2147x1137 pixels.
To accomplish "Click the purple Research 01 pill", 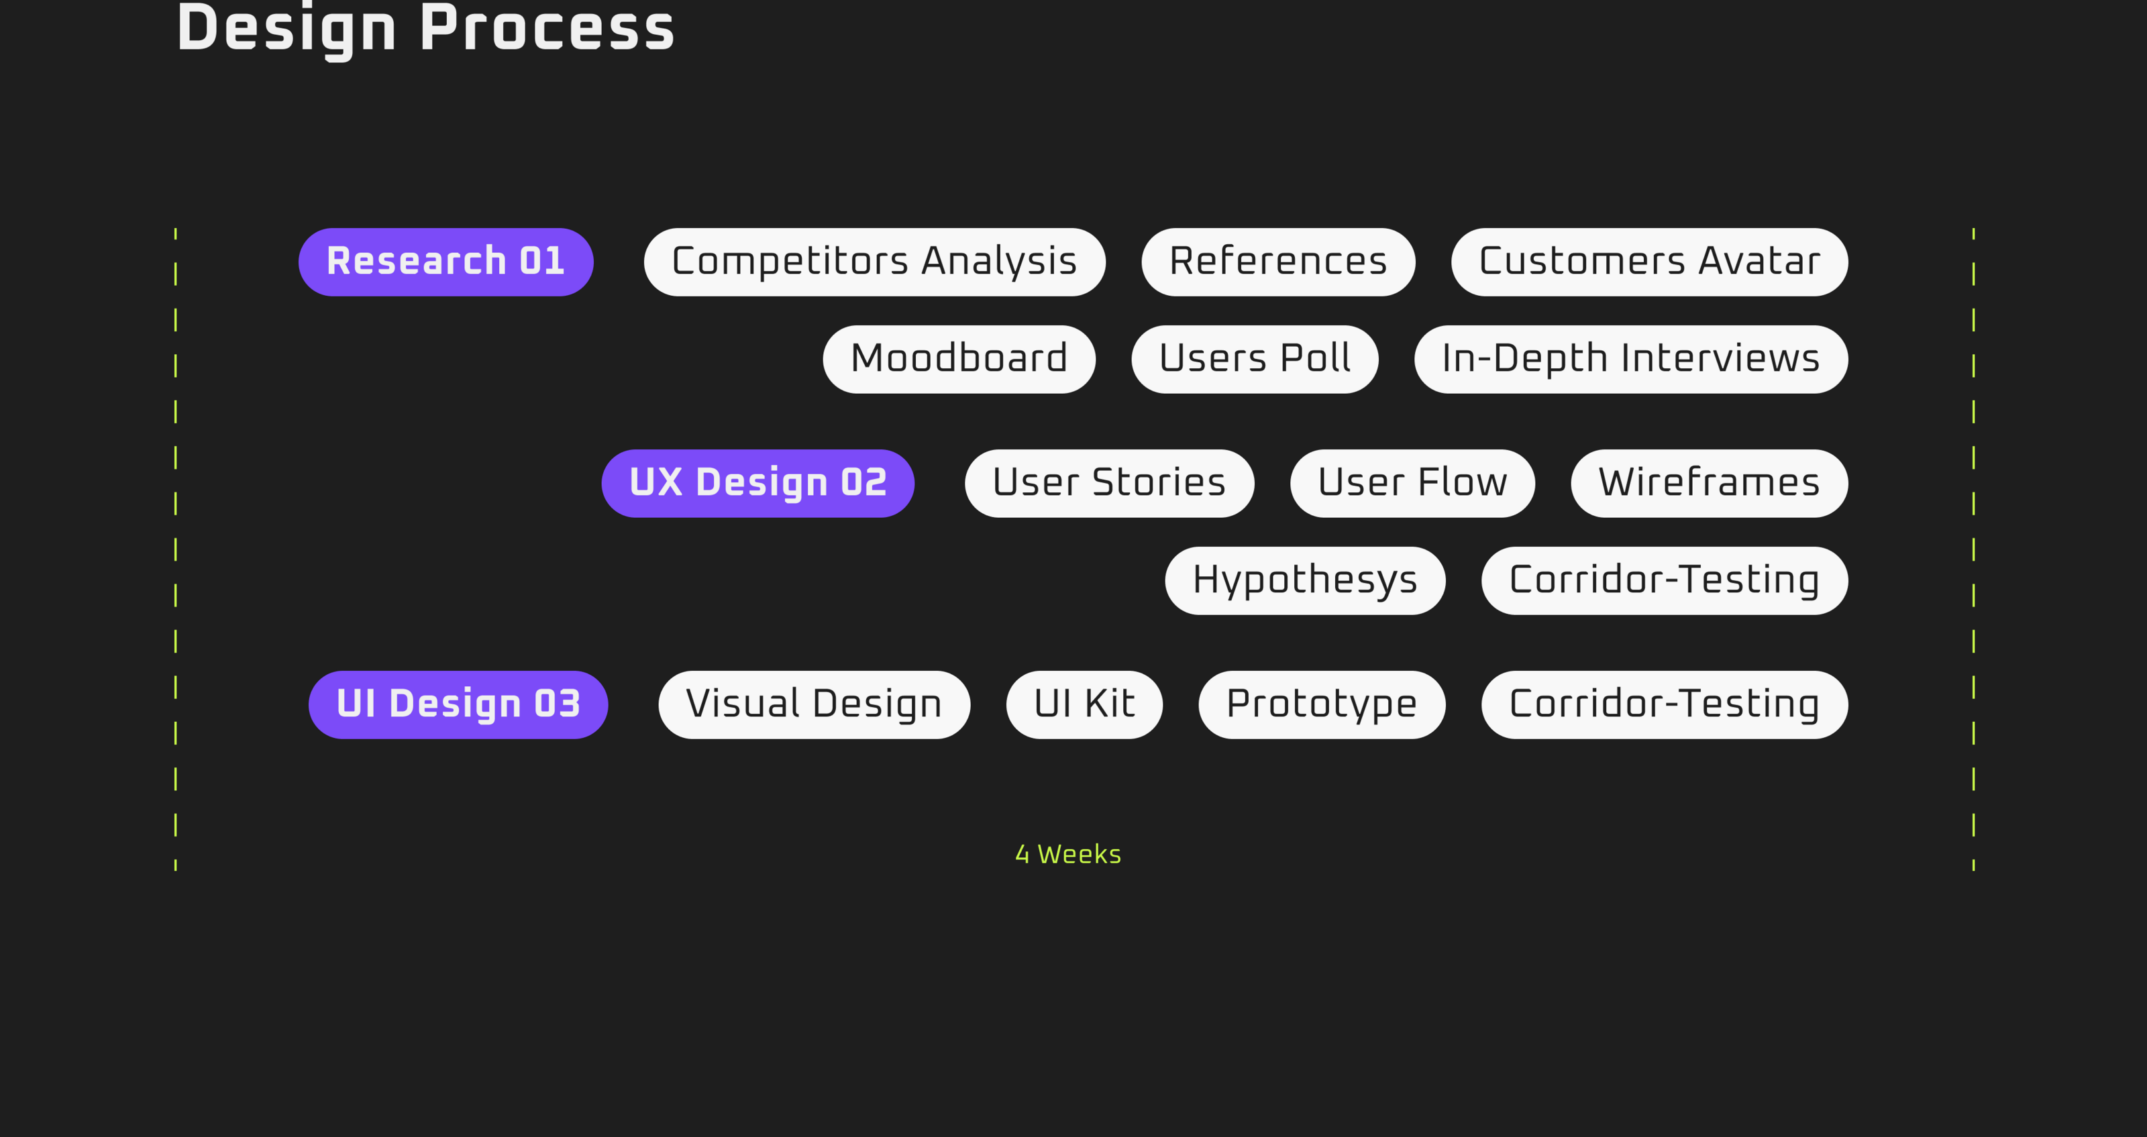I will click(446, 262).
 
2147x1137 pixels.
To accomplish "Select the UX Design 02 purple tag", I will click(757, 484).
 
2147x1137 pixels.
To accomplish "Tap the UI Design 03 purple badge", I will click(458, 704).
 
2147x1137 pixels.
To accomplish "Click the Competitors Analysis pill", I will click(874, 262).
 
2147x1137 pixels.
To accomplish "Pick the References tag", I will click(1277, 262).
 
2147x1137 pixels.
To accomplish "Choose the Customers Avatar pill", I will click(1648, 262).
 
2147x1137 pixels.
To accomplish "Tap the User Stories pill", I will click(1108, 484).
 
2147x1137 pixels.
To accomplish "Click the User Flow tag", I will click(1412, 484).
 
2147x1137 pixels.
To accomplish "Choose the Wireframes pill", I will click(1709, 484).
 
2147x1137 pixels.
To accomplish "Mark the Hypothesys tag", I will click(1304, 580).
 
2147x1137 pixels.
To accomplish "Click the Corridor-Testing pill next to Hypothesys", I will click(1664, 580).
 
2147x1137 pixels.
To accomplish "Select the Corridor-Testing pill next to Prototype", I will click(1664, 704).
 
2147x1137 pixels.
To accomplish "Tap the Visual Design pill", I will click(813, 704).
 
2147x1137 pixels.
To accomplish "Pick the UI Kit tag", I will click(1084, 704).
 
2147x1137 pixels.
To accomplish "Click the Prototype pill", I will click(1321, 704).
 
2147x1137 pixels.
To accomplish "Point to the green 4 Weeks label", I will click(1067, 855).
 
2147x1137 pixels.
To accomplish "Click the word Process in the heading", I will click(547, 28).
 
